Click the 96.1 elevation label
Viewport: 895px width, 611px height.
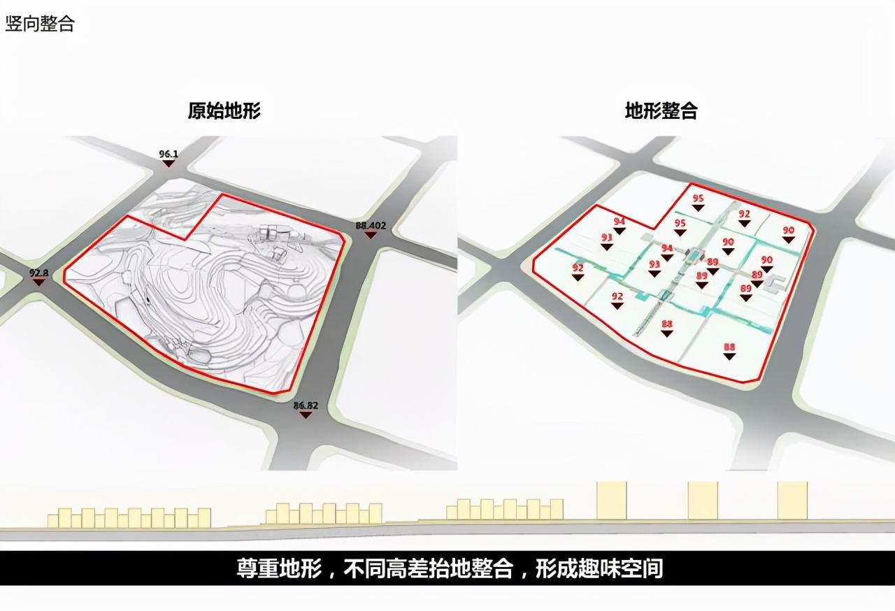(169, 153)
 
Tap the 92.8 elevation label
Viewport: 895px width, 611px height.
(38, 272)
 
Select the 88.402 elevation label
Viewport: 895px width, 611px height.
(371, 225)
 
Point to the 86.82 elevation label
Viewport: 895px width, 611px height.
(306, 405)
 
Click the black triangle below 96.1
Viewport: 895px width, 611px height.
(168, 163)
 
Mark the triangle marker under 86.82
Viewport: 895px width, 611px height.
(306, 415)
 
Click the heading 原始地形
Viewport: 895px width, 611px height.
(224, 110)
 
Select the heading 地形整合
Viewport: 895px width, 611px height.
(661, 110)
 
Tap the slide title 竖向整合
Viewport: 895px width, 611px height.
(40, 23)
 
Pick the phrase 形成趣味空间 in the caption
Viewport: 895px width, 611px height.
(599, 568)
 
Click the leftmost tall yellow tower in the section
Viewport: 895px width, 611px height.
(611, 500)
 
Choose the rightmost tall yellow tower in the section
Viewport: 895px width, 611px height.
(792, 500)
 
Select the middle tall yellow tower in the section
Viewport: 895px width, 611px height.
(702, 500)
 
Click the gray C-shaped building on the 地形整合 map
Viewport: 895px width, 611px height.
(774, 283)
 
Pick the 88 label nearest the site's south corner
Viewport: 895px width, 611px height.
(729, 347)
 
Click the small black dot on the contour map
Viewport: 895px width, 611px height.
(148, 301)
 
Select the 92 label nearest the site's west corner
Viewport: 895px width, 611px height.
(578, 268)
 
